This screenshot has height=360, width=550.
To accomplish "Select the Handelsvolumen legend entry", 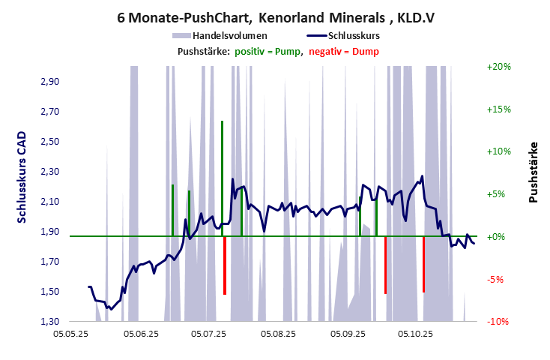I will pyautogui.click(x=221, y=34).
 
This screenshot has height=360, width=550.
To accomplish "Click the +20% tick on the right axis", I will pyautogui.click(x=498, y=67).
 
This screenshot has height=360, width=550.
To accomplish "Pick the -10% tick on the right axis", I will pyautogui.click(x=498, y=322).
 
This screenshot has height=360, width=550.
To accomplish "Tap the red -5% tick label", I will pyautogui.click(x=498, y=279).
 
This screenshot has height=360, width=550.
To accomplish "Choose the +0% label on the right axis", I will pyautogui.click(x=498, y=237).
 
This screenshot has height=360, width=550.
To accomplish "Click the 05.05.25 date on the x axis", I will pyautogui.click(x=77, y=334).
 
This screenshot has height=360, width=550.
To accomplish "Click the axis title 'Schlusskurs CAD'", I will pyautogui.click(x=23, y=176).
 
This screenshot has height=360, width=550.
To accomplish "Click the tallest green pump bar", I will pyautogui.click(x=222, y=178).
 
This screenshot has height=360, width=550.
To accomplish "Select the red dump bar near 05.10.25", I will pyautogui.click(x=423, y=264).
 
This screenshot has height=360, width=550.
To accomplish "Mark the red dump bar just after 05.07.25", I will pyautogui.click(x=225, y=265).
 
